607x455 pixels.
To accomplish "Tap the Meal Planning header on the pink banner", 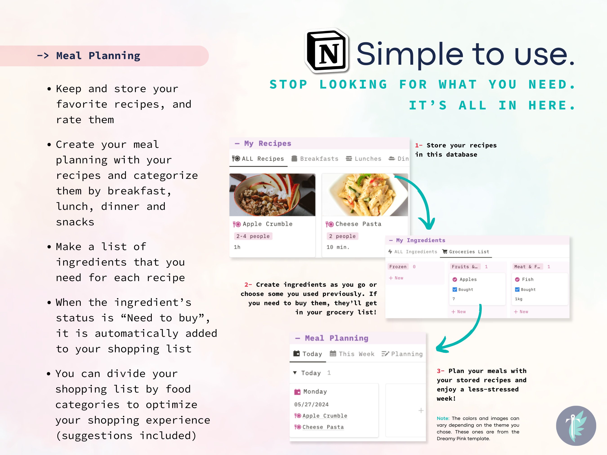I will click(98, 56).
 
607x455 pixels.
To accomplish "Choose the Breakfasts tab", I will click(315, 159).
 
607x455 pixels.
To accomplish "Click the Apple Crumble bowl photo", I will click(272, 195).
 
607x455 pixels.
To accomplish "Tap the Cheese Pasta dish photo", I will click(365, 195).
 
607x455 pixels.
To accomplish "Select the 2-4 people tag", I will click(253, 236).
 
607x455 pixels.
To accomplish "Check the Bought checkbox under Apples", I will click(455, 290).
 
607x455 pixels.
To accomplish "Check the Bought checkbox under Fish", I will click(517, 290).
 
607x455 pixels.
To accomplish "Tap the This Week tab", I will click(352, 354).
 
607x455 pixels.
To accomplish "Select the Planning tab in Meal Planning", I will click(402, 354).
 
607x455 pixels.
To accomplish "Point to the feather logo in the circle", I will click(576, 426).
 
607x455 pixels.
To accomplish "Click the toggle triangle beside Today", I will click(295, 373).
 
